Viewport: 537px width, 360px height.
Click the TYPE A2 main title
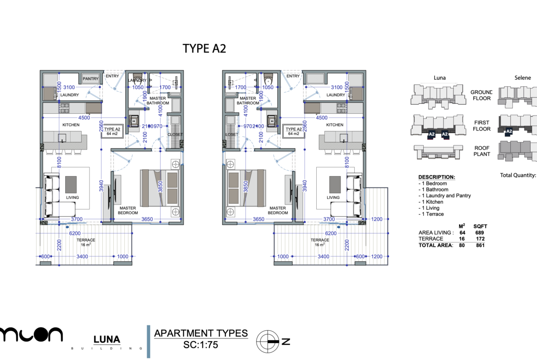(204, 49)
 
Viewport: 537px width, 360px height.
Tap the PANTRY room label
(90, 79)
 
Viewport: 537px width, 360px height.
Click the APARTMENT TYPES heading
(201, 333)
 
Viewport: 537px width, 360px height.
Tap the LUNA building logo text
(106, 340)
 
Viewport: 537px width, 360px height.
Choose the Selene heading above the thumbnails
(522, 78)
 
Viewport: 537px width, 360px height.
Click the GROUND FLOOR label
(481, 95)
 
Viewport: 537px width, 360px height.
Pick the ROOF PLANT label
(481, 151)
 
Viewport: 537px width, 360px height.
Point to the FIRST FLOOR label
(481, 126)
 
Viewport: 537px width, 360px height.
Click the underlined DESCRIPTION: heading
(436, 177)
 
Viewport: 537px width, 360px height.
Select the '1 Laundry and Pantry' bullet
(445, 196)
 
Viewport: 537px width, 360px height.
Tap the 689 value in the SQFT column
(481, 233)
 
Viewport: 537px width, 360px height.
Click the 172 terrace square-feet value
(481, 239)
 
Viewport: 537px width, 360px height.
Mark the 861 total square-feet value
(481, 245)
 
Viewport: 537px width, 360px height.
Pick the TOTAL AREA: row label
(436, 245)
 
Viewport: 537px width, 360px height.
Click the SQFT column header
(481, 226)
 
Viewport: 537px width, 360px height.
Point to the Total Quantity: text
(518, 175)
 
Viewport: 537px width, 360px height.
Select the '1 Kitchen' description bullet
(431, 202)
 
